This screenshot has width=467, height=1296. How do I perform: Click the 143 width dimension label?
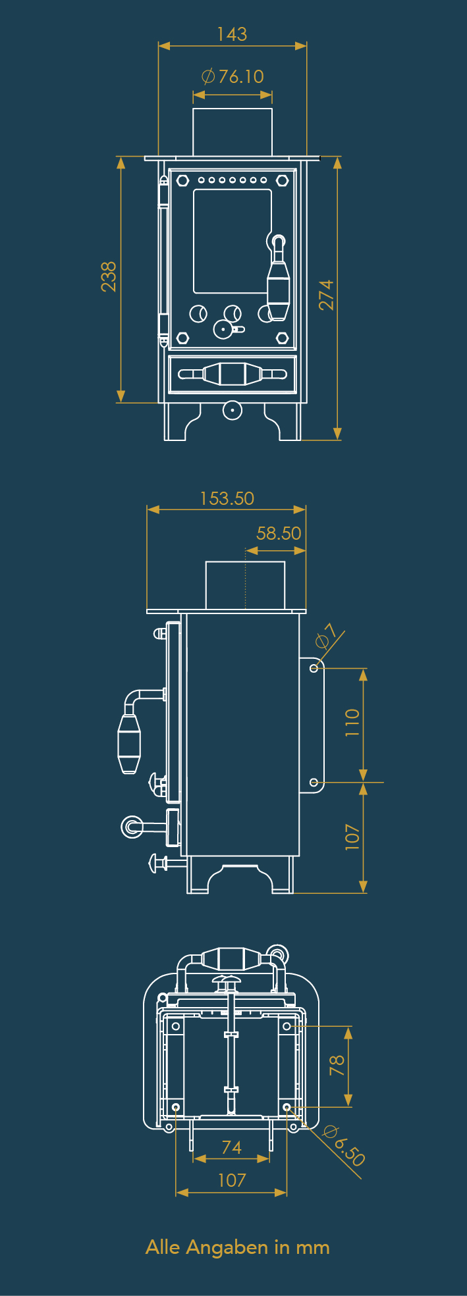[232, 34]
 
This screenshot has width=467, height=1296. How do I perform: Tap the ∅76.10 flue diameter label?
[233, 77]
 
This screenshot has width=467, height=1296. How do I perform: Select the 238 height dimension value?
[109, 276]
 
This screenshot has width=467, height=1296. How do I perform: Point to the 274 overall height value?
[327, 294]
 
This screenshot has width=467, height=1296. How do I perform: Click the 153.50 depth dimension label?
[227, 498]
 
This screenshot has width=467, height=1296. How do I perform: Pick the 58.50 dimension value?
[279, 533]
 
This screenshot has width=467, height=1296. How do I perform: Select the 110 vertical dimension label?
[352, 723]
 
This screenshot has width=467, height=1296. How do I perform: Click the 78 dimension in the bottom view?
[337, 1065]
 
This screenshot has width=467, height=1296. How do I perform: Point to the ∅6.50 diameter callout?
[344, 1146]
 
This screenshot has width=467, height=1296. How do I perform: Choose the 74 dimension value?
[231, 1147]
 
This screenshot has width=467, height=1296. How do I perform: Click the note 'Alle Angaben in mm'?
[237, 1247]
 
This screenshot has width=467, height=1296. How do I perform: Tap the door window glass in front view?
[232, 241]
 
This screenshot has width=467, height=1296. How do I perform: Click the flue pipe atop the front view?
[233, 132]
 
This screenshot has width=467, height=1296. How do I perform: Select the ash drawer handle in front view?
[232, 375]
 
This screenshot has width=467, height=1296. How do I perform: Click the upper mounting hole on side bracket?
[314, 668]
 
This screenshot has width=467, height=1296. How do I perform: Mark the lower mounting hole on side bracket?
[314, 783]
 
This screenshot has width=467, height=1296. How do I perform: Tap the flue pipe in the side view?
[245, 585]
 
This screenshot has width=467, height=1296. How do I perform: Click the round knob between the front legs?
[232, 410]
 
